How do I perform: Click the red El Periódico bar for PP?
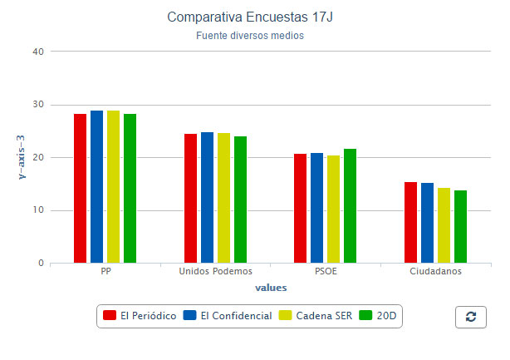tap(80, 189)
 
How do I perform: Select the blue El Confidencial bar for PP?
tap(96, 187)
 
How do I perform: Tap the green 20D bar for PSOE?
tap(350, 206)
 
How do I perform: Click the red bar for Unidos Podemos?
tap(190, 199)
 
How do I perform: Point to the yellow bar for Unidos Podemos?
tap(223, 198)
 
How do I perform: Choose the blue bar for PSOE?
tap(316, 208)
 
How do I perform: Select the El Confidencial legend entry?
tap(228, 316)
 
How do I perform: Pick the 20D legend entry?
tap(380, 316)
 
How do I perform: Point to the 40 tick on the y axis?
tap(37, 52)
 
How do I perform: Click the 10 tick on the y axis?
tap(37, 210)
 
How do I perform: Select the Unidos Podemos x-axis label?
tap(215, 272)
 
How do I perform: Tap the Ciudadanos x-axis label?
tap(435, 272)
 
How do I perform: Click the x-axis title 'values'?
tap(270, 288)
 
